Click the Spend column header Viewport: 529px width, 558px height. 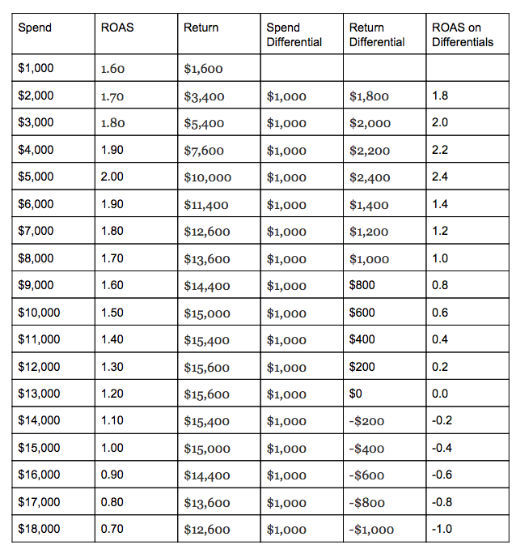[35, 28]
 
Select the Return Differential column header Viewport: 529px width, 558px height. [377, 34]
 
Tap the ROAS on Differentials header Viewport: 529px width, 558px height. [463, 34]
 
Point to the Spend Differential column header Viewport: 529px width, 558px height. [294, 34]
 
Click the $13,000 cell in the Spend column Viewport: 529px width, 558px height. [39, 394]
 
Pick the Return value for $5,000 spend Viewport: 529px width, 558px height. [208, 177]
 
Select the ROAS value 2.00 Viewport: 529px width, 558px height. [112, 177]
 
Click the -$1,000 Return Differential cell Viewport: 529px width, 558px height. [372, 530]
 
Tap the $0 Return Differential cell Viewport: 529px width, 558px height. [357, 394]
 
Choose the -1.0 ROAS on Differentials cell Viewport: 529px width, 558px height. [442, 529]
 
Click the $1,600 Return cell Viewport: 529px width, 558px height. [203, 69]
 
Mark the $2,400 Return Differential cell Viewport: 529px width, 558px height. [370, 177]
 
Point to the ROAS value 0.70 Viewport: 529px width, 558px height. [112, 529]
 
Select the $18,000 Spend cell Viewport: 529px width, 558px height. [39, 529]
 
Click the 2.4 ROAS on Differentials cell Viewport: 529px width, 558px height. [440, 177]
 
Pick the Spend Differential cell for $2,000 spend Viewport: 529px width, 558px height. [286, 96]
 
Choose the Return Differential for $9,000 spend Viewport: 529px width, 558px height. [362, 285]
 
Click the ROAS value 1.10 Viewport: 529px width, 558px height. [112, 420]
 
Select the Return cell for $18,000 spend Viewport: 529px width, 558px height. [207, 530]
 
